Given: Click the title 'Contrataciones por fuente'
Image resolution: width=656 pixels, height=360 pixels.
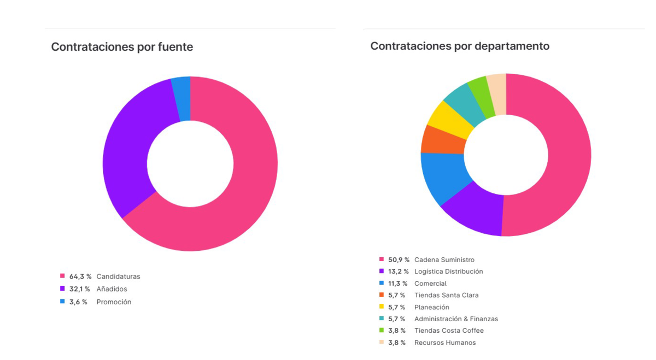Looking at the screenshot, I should point(122,47).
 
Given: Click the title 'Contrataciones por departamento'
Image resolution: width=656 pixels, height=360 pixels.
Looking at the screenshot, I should point(460,46).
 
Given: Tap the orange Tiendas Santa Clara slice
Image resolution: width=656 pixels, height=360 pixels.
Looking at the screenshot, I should point(443,140).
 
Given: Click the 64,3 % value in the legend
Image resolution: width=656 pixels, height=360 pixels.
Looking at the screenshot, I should point(80,276).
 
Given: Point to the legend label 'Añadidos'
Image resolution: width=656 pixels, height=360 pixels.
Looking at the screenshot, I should point(112,289).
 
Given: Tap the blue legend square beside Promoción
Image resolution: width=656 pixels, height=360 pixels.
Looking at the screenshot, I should point(62,302).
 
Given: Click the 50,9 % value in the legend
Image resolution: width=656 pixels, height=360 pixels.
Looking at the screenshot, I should point(399,260).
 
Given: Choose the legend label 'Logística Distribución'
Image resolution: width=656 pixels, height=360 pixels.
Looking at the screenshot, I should point(448,272).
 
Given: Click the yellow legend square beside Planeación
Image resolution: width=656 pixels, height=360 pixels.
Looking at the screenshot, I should point(382,307).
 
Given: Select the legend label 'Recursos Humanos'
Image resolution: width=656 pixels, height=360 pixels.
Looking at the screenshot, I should point(445,343).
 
